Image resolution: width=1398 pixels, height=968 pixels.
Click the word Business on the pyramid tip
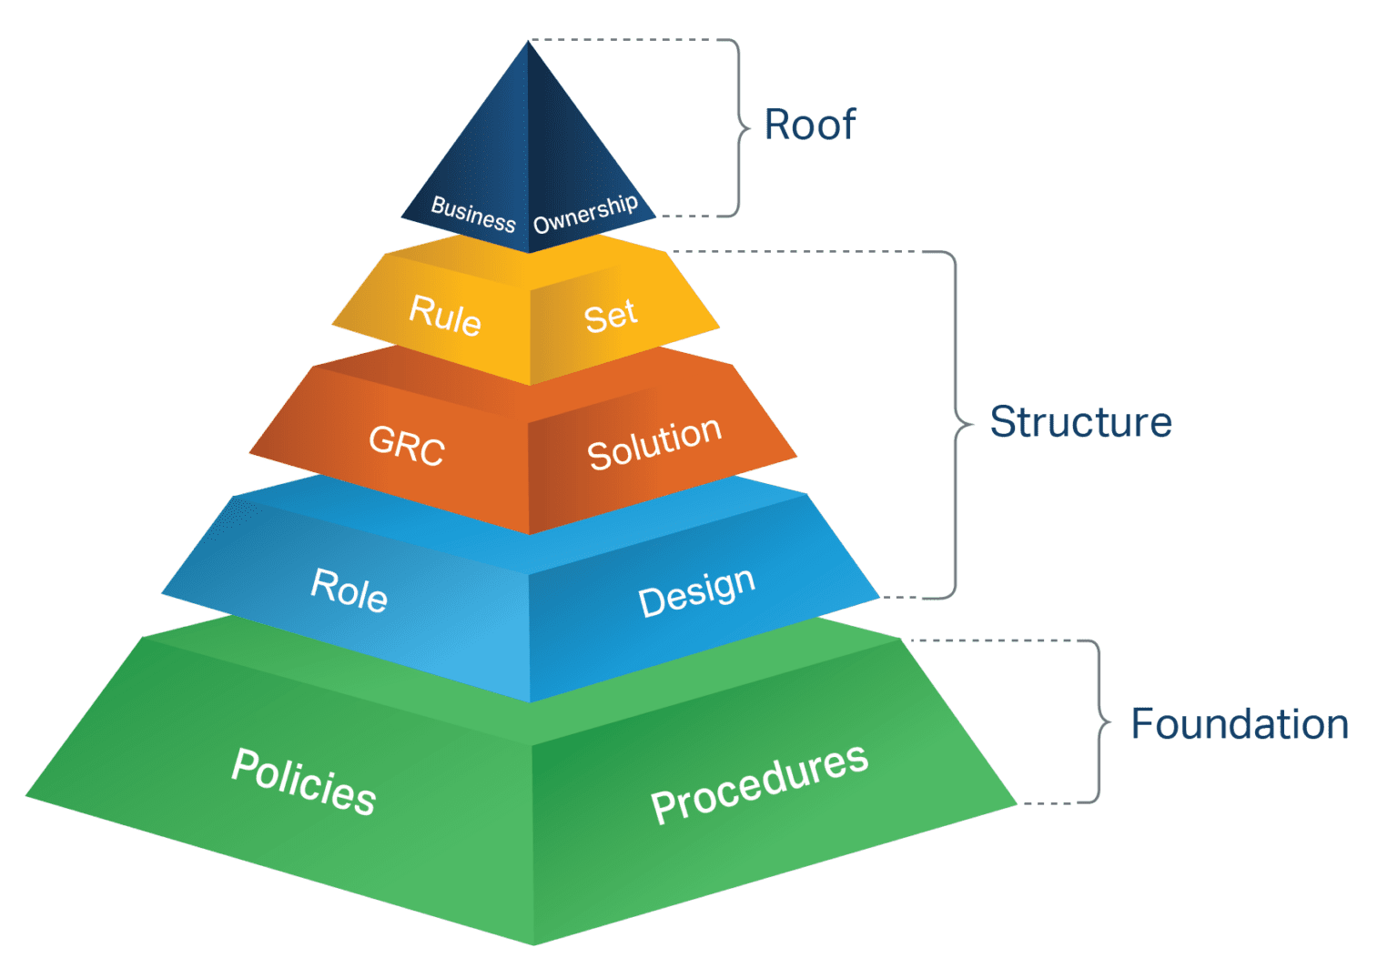pos(472,214)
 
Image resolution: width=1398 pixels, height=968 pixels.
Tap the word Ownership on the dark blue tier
pos(585,214)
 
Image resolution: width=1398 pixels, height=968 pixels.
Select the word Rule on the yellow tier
pos(444,315)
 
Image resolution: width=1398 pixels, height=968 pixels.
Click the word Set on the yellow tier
pos(610,317)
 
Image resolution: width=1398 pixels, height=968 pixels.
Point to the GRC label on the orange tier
pos(406,446)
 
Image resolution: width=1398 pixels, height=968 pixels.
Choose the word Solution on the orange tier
pos(654,444)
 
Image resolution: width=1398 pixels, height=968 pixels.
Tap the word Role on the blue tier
pos(349,590)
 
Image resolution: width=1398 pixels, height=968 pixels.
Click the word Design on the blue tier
pos(696,592)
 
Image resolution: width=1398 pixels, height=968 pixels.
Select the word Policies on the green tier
pos(303,781)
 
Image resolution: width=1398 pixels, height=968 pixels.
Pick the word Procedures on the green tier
pos(759,783)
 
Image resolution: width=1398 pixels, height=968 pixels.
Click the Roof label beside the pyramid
pos(809,126)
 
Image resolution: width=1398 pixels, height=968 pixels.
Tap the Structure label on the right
pos(1080,422)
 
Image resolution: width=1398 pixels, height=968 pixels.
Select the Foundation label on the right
pos(1239,724)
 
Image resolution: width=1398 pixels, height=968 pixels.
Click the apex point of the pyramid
pos(528,42)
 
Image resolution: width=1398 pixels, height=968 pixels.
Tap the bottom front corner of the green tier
pos(533,944)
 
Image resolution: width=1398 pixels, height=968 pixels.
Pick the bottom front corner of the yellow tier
pos(530,384)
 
